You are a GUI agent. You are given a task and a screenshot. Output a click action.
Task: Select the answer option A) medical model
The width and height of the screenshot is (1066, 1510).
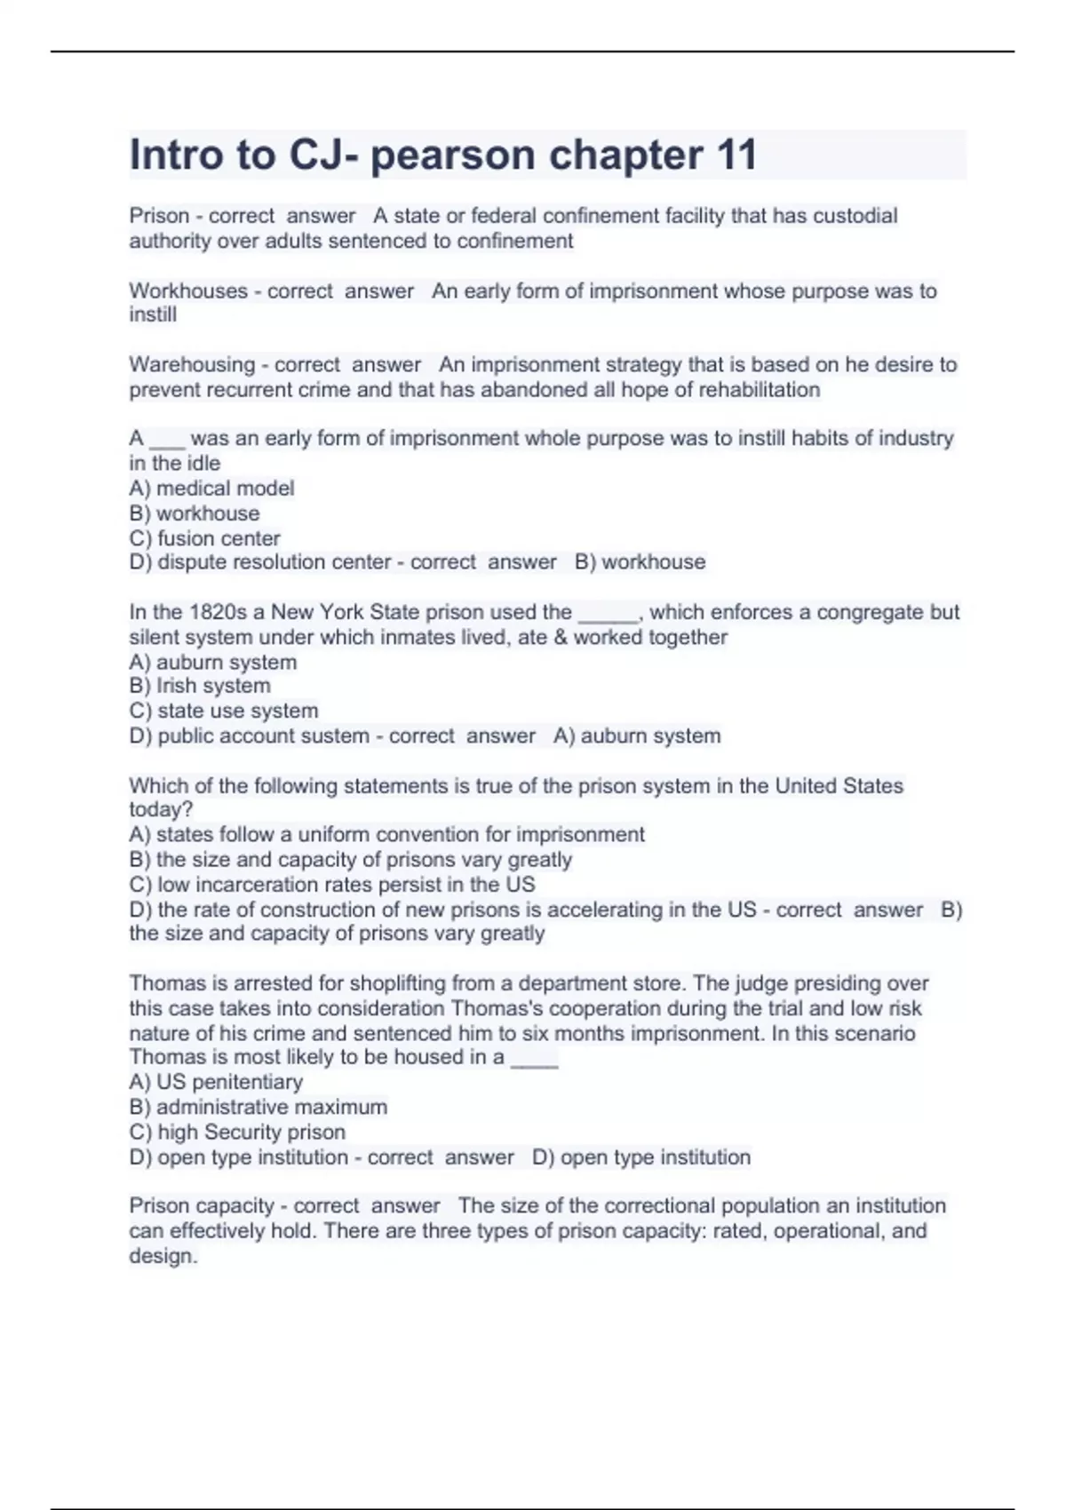pos(211,488)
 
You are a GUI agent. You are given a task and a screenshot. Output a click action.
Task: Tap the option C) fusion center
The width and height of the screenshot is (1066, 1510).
pos(204,538)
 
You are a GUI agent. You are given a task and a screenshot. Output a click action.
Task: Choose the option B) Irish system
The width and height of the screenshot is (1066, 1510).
pos(200,686)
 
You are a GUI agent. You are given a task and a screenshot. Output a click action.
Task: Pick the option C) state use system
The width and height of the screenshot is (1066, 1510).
pos(223,711)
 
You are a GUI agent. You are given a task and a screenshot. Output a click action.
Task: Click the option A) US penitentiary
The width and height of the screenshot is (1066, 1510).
pos(216,1082)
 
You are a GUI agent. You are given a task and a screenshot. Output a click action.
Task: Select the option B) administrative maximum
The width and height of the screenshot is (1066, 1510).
pos(258,1107)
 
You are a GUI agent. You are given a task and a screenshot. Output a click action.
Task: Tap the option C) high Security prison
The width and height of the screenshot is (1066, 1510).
pos(237,1132)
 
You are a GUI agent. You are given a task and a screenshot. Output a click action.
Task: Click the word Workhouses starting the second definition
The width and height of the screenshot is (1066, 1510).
pos(188,290)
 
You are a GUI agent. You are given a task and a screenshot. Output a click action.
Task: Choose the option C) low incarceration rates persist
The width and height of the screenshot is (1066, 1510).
pos(332,885)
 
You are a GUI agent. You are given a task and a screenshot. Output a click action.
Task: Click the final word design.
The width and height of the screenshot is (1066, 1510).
pos(163,1256)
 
